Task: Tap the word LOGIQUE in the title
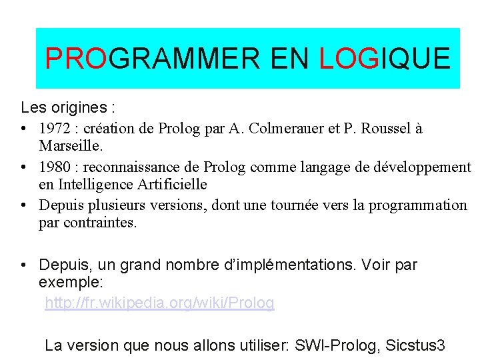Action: click(385, 59)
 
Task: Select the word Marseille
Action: click(69, 145)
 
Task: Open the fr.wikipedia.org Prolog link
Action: click(159, 303)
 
